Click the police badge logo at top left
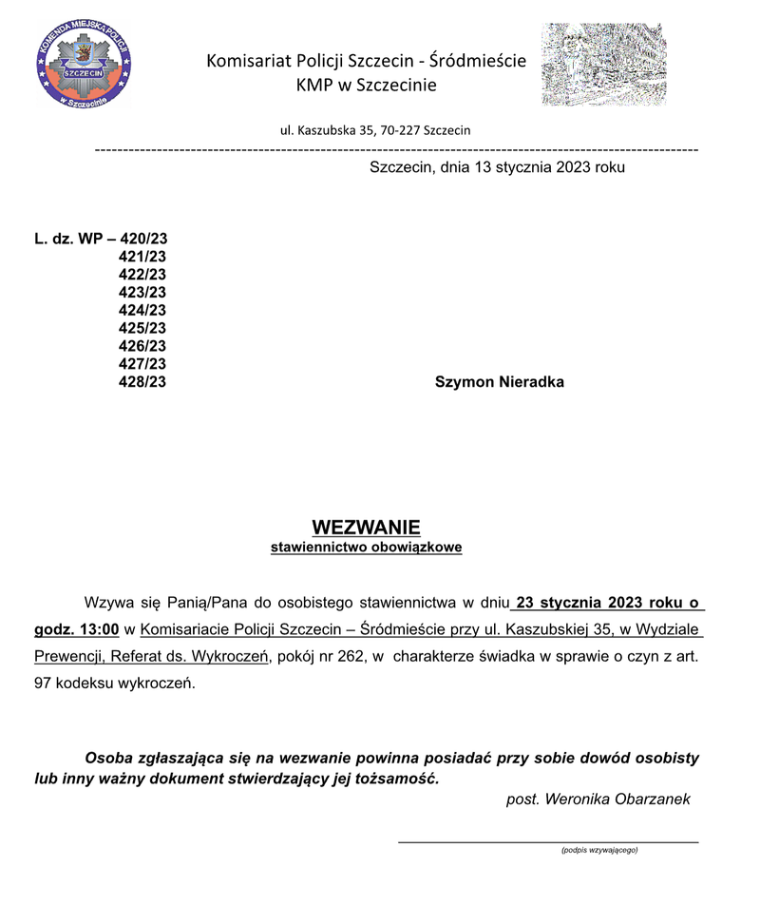point(84,67)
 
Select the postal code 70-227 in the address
point(400,130)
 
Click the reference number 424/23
point(142,310)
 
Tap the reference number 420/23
point(143,239)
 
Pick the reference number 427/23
point(142,364)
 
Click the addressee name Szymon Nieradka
point(499,382)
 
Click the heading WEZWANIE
point(366,528)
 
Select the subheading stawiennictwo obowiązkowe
point(366,549)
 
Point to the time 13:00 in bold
point(98,628)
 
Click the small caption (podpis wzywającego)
point(599,850)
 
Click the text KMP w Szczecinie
point(366,87)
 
